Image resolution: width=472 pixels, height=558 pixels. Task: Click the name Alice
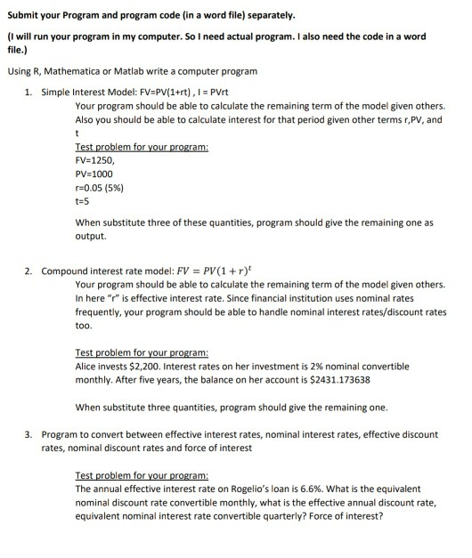(89, 367)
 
